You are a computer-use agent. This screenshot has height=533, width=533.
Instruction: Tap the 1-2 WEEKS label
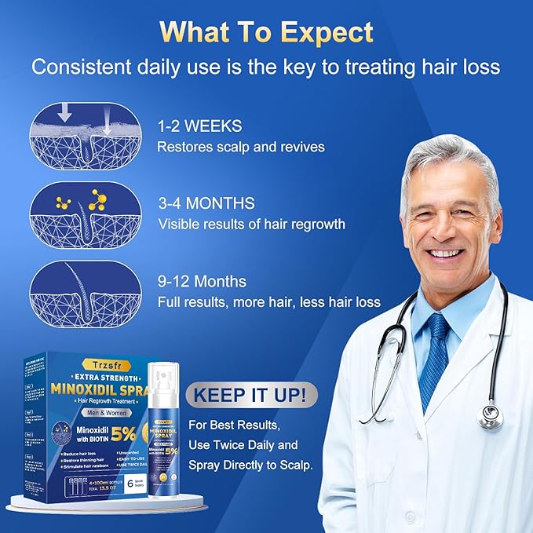pos(199,126)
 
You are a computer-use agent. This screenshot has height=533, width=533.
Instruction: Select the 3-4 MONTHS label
pos(206,203)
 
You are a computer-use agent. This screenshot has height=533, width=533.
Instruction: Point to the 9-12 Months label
pos(202,281)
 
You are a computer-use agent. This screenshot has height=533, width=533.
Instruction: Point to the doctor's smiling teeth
pos(445,254)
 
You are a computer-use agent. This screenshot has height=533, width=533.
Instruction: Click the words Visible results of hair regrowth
pos(251,224)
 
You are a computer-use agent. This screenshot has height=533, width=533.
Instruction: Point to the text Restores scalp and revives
pos(240,146)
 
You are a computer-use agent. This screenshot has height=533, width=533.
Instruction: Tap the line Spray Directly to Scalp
pos(250,464)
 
